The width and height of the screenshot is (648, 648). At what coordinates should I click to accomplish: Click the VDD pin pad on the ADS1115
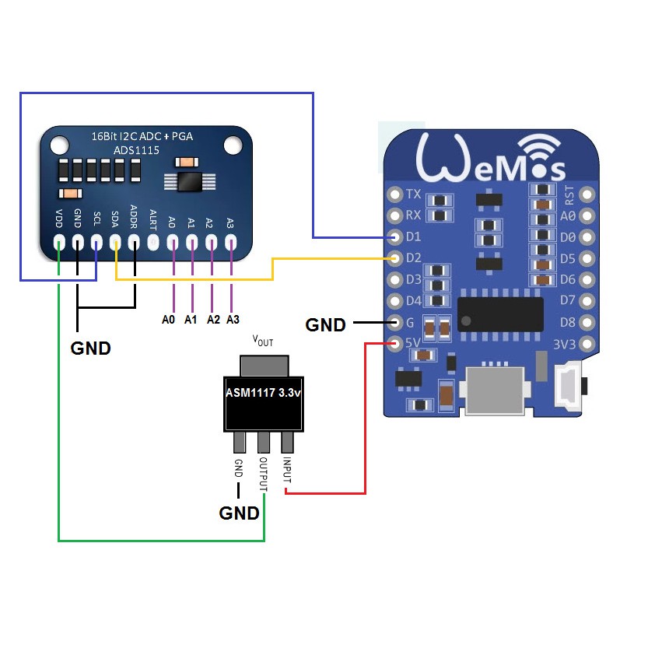pyautogui.click(x=59, y=243)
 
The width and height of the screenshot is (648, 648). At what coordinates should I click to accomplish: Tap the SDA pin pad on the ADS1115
pyautogui.click(x=116, y=243)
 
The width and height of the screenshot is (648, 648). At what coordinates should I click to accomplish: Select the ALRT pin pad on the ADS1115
pyautogui.click(x=153, y=243)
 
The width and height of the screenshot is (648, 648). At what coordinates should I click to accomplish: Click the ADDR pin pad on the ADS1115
pyautogui.click(x=135, y=243)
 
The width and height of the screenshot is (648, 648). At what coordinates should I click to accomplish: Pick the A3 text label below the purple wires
pyautogui.click(x=233, y=319)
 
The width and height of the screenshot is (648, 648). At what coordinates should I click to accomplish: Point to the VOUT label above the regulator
pyautogui.click(x=263, y=342)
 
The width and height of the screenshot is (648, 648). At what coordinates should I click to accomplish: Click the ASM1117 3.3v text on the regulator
pyautogui.click(x=263, y=393)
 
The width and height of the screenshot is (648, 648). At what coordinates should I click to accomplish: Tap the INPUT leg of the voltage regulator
pyautogui.click(x=287, y=442)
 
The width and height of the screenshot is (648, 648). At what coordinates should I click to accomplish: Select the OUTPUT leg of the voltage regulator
pyautogui.click(x=264, y=442)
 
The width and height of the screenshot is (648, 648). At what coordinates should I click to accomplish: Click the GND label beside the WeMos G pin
pyautogui.click(x=325, y=325)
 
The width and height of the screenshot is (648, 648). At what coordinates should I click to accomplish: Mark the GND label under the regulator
pyautogui.click(x=239, y=513)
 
